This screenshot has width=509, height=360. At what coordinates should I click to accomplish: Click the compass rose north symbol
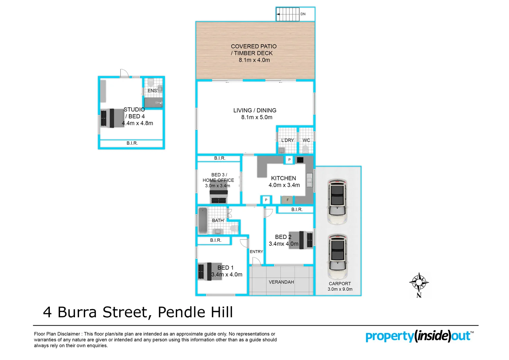coord(419,283)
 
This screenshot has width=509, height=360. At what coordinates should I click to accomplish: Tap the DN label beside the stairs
coord(303,14)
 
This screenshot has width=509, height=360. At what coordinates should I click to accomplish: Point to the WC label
coord(306,140)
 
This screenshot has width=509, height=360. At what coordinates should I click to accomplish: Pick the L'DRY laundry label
coord(287,140)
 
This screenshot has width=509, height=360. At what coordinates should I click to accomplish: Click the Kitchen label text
coord(283,178)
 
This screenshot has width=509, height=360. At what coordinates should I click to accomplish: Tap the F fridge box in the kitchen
coord(288,200)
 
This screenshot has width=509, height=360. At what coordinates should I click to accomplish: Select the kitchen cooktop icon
coord(300,160)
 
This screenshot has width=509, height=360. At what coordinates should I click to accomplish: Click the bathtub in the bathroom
coord(203,220)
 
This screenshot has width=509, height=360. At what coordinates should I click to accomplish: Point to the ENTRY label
coord(256,252)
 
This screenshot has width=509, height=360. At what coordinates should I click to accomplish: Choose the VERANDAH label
coord(281,282)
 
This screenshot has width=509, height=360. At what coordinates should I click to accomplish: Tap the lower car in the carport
coord(337,256)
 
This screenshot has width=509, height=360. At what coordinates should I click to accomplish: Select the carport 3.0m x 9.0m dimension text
coord(340,289)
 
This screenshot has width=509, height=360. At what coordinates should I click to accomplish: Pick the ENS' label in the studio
coord(152,91)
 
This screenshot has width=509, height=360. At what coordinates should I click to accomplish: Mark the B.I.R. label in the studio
coord(132,143)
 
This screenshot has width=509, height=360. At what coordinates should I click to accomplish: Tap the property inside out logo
coord(419,336)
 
